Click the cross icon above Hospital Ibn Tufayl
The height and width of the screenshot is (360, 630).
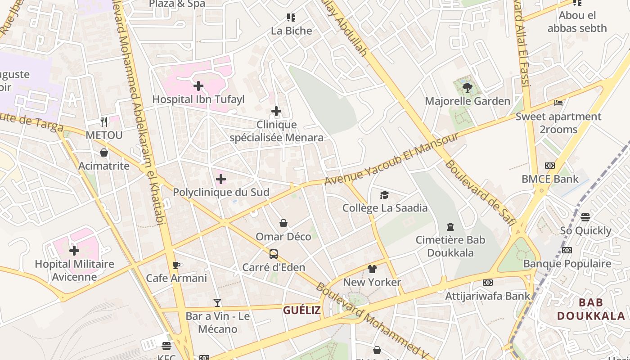click(x=198, y=85)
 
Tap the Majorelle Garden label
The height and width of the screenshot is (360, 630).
click(x=468, y=101)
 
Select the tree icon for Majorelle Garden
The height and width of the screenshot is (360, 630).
click(x=468, y=88)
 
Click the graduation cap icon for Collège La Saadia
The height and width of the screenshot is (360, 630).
click(x=384, y=195)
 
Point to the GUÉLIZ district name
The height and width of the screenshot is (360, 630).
click(x=302, y=310)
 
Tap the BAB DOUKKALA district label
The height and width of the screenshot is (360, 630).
click(x=591, y=309)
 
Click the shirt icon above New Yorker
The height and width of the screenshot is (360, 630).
click(x=372, y=269)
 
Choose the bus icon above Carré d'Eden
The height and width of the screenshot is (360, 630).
click(x=273, y=254)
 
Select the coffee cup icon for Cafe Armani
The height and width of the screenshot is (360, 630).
click(x=176, y=265)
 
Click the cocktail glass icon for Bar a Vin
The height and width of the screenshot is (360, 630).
click(x=217, y=303)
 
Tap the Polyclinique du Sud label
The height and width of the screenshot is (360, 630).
click(x=221, y=192)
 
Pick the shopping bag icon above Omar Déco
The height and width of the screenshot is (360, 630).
click(x=283, y=223)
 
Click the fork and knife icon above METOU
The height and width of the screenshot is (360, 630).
click(x=104, y=121)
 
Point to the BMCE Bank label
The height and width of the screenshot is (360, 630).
click(x=550, y=179)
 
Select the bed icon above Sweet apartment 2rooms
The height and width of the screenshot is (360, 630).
click(x=558, y=103)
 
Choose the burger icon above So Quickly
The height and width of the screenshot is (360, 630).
click(x=585, y=217)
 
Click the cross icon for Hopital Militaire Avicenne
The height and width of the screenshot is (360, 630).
click(x=74, y=251)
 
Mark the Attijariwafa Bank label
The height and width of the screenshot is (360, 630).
click(x=488, y=296)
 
